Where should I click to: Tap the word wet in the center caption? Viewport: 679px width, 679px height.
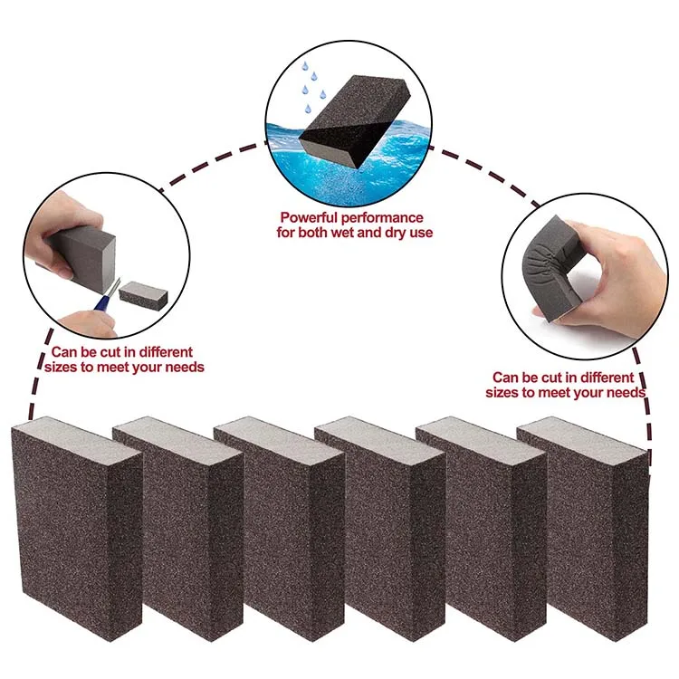pos(344,233)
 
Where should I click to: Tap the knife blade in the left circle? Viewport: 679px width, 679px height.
pos(112,288)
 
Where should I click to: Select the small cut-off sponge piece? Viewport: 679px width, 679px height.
pos(142,293)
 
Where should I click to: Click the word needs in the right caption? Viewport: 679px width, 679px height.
pos(625,392)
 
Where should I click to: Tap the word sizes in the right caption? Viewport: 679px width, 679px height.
pos(503,392)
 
